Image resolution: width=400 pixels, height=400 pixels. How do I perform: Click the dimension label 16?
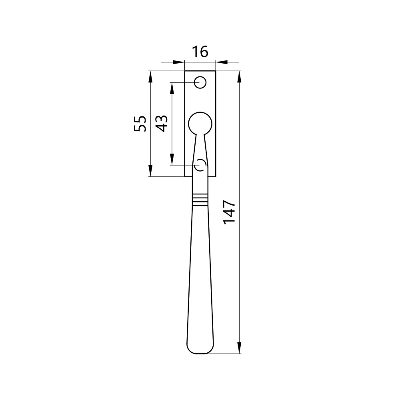(x=200, y=52)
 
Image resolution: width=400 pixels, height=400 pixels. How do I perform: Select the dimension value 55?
(x=140, y=124)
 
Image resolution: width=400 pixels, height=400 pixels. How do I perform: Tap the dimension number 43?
(x=162, y=124)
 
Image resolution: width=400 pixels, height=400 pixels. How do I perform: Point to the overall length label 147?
(x=229, y=212)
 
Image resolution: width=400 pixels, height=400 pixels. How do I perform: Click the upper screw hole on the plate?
(x=200, y=82)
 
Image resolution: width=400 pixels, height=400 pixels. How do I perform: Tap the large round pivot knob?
(x=200, y=124)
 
